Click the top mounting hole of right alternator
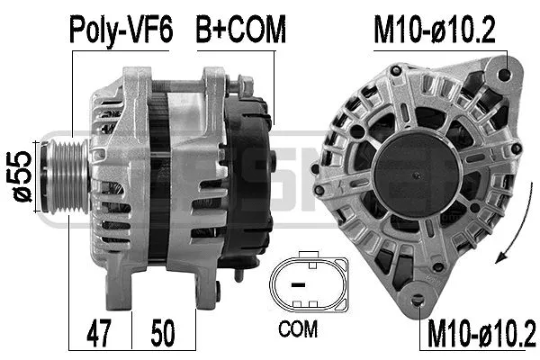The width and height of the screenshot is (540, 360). coord(502,74)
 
